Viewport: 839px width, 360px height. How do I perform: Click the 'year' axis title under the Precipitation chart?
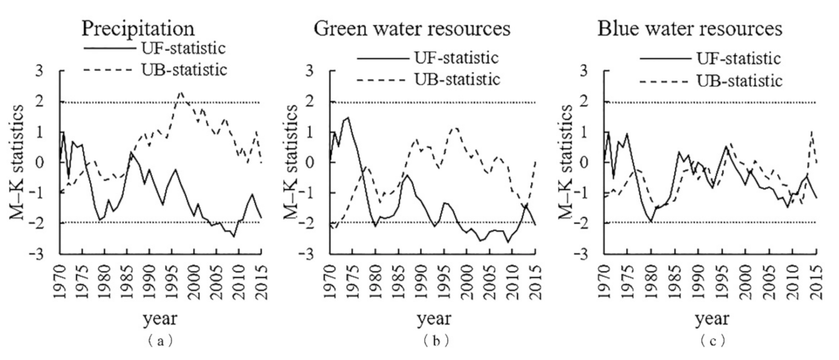click(x=160, y=318)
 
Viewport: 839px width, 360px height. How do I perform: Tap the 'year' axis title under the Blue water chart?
click(x=712, y=318)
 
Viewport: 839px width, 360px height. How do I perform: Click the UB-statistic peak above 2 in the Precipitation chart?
click(x=181, y=92)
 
